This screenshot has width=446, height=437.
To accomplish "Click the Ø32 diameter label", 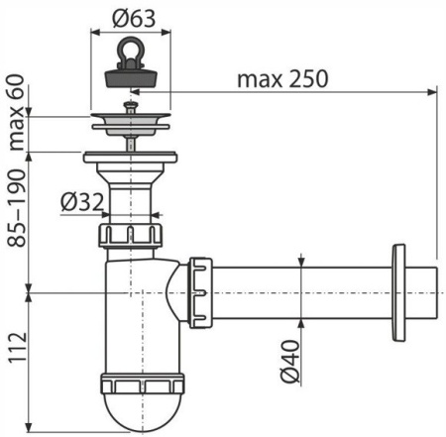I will (x=80, y=201).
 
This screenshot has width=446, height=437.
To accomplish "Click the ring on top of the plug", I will (x=130, y=48).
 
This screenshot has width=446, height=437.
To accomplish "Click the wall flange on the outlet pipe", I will (x=399, y=290).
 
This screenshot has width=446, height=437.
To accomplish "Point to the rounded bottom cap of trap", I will (x=133, y=412).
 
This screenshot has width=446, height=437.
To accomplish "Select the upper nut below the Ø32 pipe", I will (x=129, y=236).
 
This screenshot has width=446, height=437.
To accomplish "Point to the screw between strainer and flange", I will (x=130, y=141).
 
